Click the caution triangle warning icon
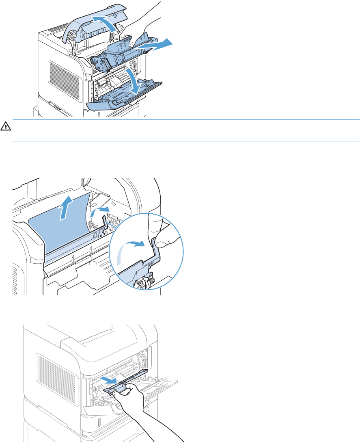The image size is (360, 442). tap(5, 126)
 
